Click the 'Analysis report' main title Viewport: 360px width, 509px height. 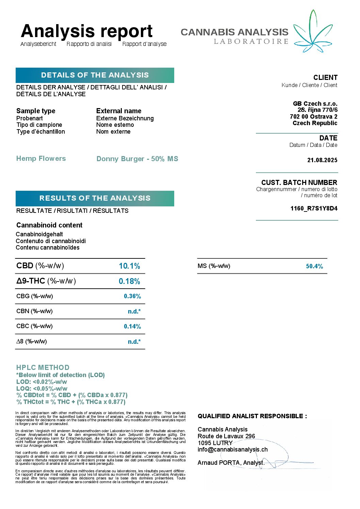(87, 31)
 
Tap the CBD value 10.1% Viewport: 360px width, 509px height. (129, 266)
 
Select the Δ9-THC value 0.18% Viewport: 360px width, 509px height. (129, 281)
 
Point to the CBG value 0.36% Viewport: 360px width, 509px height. (132, 296)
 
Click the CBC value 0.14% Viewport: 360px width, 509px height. (132, 326)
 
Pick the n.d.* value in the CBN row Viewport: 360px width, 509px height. (134, 311)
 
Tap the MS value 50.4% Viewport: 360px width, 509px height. (314, 266)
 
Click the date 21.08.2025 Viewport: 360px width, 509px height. (322, 160)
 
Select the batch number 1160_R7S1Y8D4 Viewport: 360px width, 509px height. (314, 208)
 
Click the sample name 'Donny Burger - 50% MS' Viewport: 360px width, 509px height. (137, 159)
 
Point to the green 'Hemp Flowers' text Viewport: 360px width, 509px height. (41, 158)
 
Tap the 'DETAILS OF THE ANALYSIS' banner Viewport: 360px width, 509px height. (95, 75)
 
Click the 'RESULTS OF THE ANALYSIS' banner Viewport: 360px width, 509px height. (95, 198)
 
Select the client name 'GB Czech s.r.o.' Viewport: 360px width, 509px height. (315, 104)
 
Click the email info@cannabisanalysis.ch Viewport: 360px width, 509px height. (232, 449)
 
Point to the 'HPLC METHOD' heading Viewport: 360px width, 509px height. (43, 368)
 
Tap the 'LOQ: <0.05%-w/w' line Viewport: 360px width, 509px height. (42, 388)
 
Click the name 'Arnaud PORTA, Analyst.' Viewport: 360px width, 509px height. (231, 463)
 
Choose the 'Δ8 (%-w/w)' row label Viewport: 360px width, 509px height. (32, 341)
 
